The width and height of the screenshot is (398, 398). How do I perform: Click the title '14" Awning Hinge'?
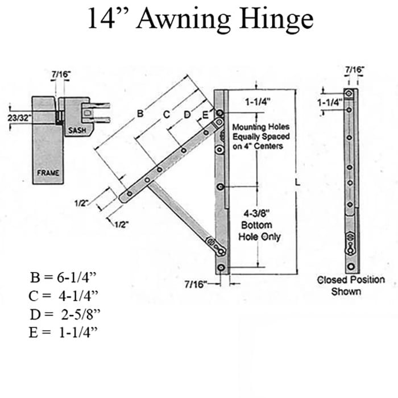pyautogui.click(x=200, y=19)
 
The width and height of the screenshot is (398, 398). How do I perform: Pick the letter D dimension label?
pyautogui.click(x=186, y=115)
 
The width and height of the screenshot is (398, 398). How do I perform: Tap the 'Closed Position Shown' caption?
pyautogui.click(x=350, y=285)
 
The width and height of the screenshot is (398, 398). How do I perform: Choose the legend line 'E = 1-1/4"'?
pyautogui.click(x=63, y=331)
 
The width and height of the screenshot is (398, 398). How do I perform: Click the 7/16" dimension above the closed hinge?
pyautogui.click(x=355, y=69)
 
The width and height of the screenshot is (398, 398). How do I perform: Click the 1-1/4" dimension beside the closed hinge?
pyautogui.click(x=329, y=102)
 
